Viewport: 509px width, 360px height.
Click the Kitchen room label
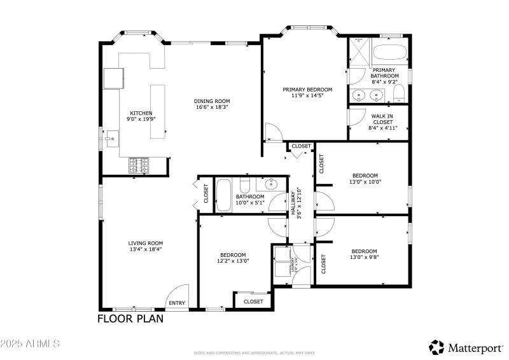[141, 113]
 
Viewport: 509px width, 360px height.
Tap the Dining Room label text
[212, 101]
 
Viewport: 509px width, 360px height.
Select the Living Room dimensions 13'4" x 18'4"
[146, 249]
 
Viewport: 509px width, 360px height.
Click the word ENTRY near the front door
[177, 303]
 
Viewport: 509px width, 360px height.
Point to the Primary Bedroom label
[307, 90]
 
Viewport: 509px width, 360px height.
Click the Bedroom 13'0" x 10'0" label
[365, 176]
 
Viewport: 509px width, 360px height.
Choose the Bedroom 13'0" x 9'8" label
[364, 251]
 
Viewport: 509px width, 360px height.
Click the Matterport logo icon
[436, 347]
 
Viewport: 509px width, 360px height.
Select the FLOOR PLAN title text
[130, 319]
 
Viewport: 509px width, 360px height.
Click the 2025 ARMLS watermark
[30, 344]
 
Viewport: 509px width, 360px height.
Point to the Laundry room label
[293, 265]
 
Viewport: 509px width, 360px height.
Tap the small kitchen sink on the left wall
[111, 137]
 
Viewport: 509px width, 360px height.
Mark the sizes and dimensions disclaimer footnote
[254, 352]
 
